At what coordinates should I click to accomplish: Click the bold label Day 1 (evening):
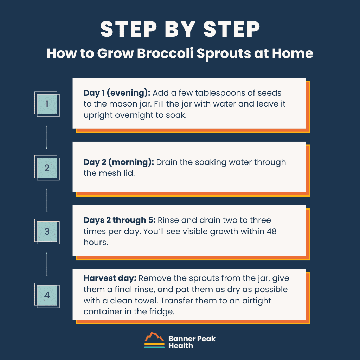click(117, 93)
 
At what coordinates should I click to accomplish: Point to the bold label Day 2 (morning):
click(118, 162)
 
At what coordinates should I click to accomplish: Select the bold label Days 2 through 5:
click(120, 220)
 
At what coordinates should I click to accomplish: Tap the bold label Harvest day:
click(110, 278)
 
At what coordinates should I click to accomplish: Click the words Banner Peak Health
click(192, 342)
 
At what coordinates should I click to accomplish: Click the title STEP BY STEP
click(180, 30)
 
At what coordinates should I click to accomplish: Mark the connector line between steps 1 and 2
click(47, 136)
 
